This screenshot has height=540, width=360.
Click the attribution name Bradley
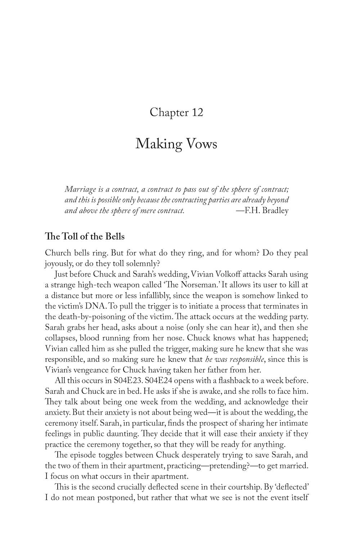(x=275, y=211)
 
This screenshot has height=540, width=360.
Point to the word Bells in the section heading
(x=115, y=237)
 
